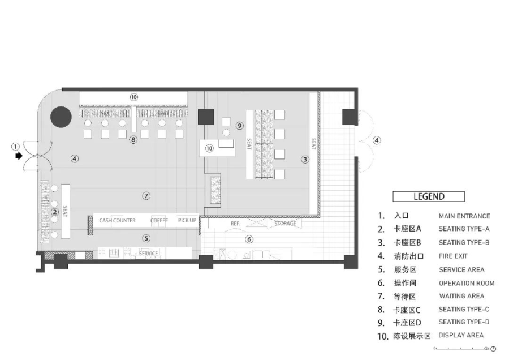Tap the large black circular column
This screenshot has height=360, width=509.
pyautogui.click(x=61, y=117)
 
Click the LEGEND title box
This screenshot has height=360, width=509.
pyautogui.click(x=429, y=196)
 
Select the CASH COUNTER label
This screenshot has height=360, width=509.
pyautogui.click(x=117, y=221)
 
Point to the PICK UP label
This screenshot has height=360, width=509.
pyautogui.click(x=187, y=221)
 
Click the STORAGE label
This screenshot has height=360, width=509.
pyautogui.click(x=285, y=224)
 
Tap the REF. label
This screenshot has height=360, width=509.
pyautogui.click(x=236, y=224)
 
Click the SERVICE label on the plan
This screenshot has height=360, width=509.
pyautogui.click(x=148, y=254)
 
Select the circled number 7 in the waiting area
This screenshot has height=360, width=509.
pyautogui.click(x=146, y=196)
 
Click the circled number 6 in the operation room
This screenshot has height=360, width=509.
pyautogui.click(x=249, y=239)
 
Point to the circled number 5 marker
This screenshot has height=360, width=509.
pyautogui.click(x=146, y=239)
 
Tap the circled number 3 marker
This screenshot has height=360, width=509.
pyautogui.click(x=305, y=160)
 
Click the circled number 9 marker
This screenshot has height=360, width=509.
pyautogui.click(x=240, y=126)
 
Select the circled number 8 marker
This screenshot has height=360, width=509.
pyautogui.click(x=133, y=139)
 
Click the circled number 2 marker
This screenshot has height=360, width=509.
pyautogui.click(x=55, y=212)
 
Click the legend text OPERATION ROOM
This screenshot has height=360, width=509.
pyautogui.click(x=467, y=283)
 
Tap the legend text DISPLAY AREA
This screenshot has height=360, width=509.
pyautogui.click(x=461, y=335)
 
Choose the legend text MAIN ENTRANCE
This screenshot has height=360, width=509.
pyautogui.click(x=464, y=216)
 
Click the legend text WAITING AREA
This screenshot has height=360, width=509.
pyautogui.click(x=461, y=296)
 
